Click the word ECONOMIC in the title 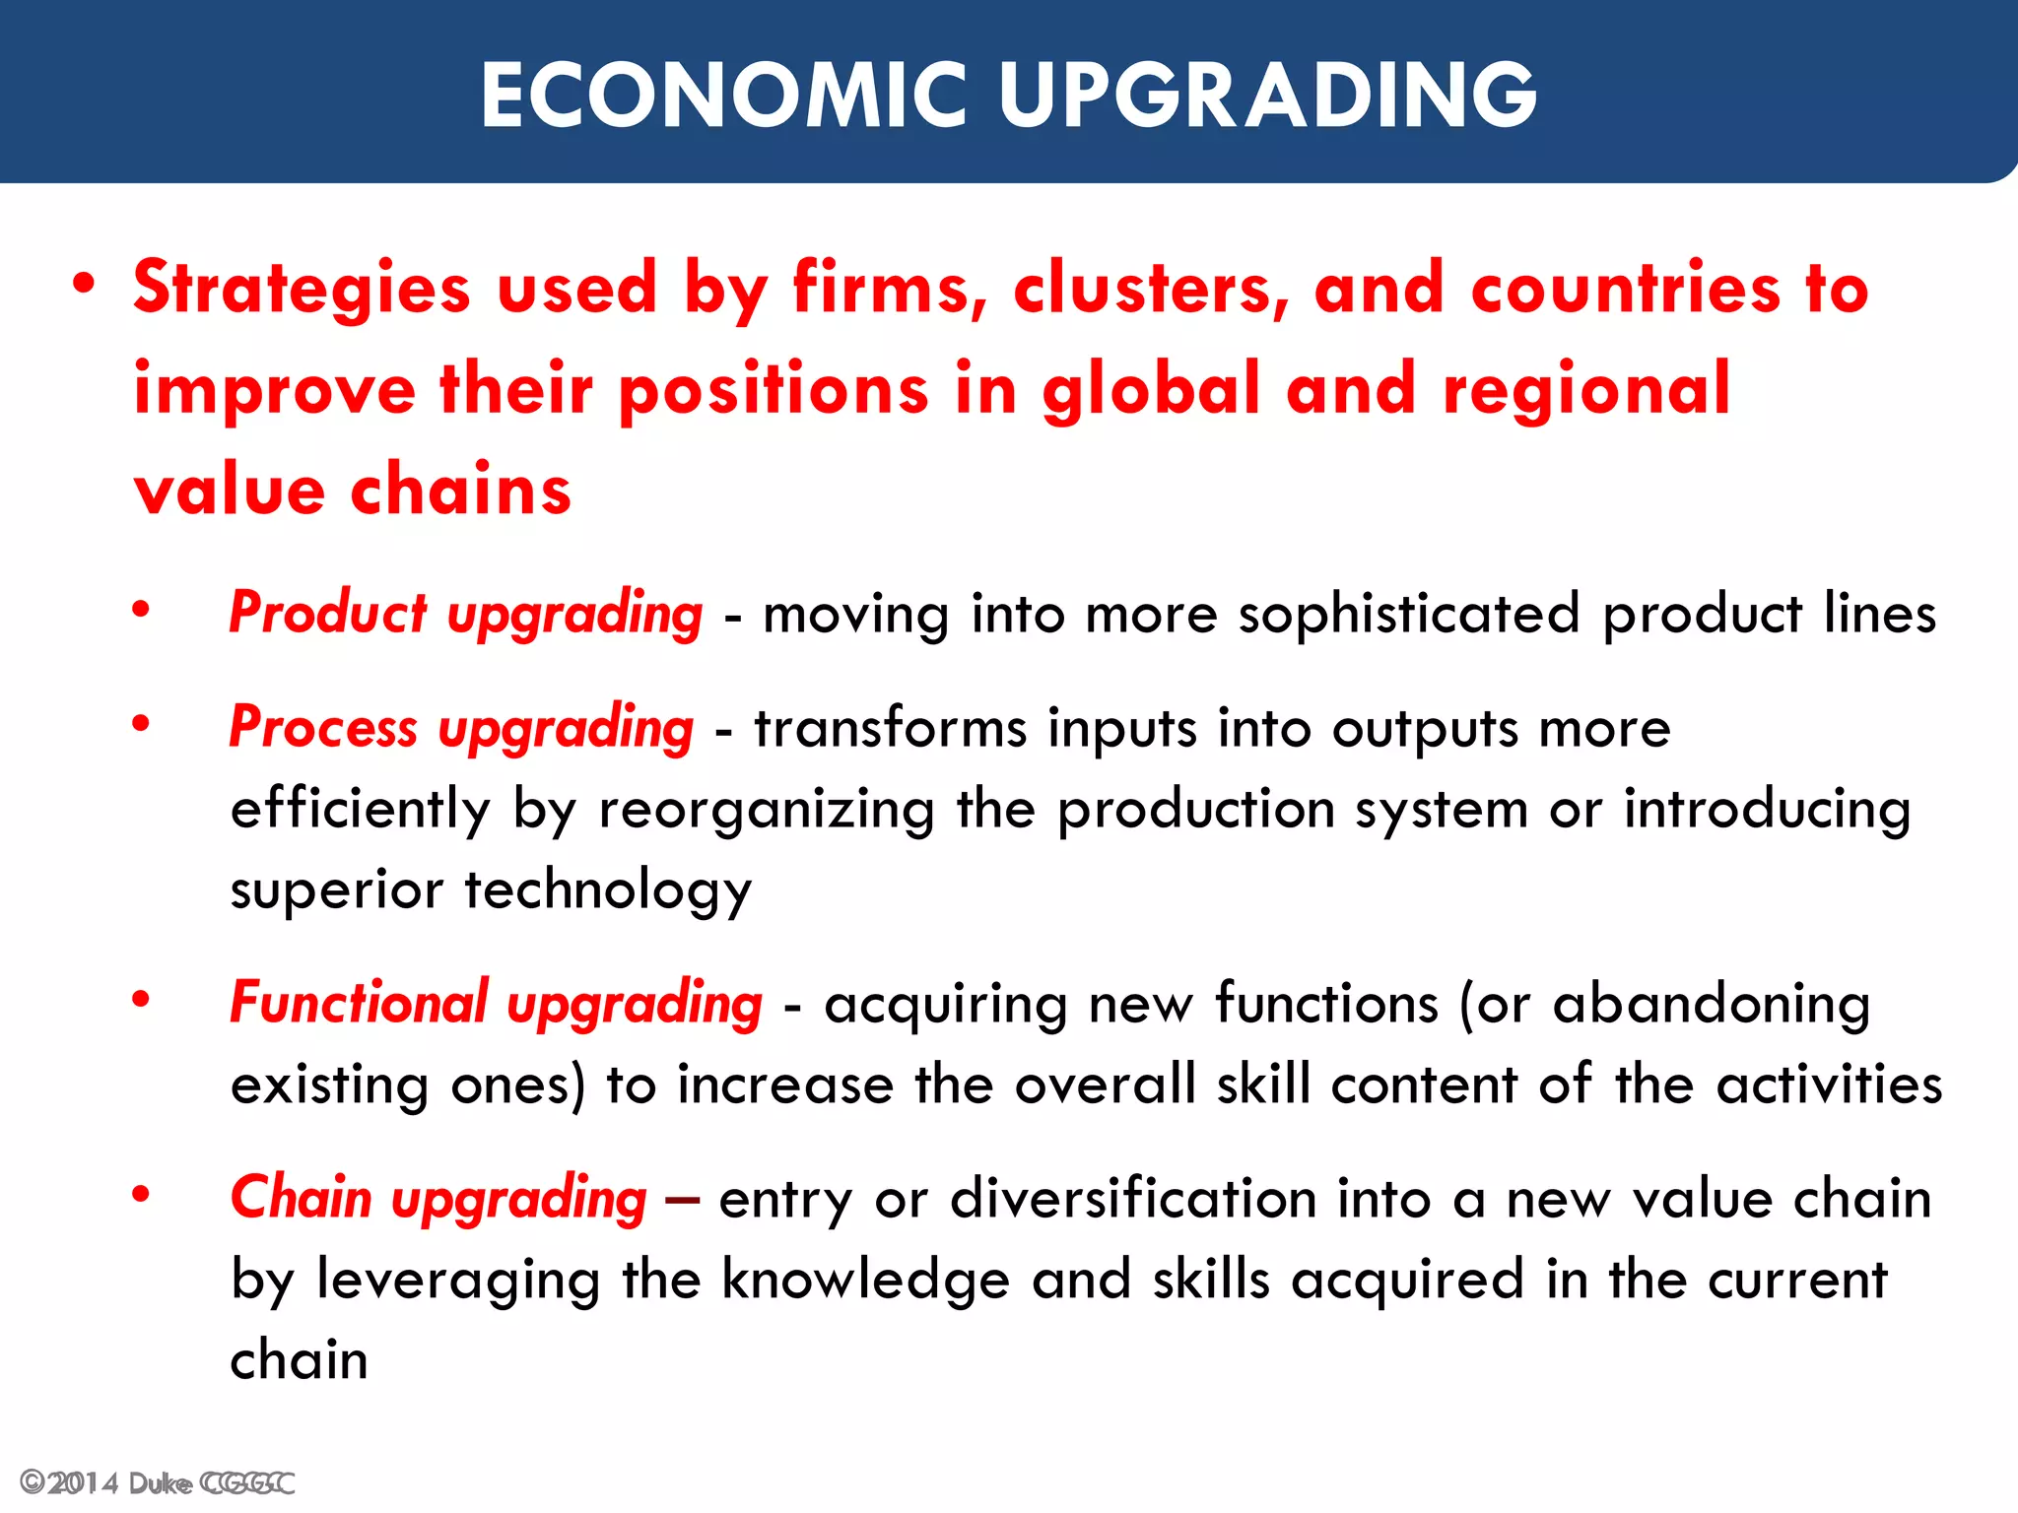tap(724, 95)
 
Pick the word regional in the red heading tap(1586, 388)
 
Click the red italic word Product tap(328, 613)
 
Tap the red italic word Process tap(323, 728)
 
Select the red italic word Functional tap(359, 1003)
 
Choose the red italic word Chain tap(301, 1198)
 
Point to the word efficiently tap(360, 810)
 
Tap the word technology tap(608, 890)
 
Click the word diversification tap(1133, 1199)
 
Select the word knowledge tap(865, 1280)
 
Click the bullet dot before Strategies tap(85, 286)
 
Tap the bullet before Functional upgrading tap(142, 999)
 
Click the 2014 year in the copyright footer tap(83, 1483)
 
